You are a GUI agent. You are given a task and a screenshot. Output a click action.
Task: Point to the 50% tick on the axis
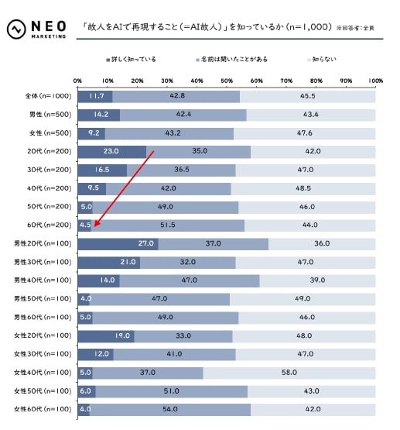coord(227,80)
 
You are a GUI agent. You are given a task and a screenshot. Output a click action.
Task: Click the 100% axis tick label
coord(375,80)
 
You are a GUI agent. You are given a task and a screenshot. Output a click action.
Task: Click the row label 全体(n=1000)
coord(47,96)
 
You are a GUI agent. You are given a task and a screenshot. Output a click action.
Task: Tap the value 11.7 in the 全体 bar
coord(96,96)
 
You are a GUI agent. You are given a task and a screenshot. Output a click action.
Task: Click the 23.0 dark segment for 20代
coord(111,151)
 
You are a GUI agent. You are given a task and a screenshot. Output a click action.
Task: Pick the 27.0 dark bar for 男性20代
coord(118,243)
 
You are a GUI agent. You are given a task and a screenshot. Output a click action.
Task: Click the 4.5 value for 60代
coord(85,225)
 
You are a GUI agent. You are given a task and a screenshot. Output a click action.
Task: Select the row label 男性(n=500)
coord(49,115)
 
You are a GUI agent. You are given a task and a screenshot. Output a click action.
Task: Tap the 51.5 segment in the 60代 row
coord(167,225)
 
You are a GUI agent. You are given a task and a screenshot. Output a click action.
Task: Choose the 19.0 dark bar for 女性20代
coord(105,335)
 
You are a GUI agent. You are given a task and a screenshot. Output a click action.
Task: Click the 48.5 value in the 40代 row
coord(303,188)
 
